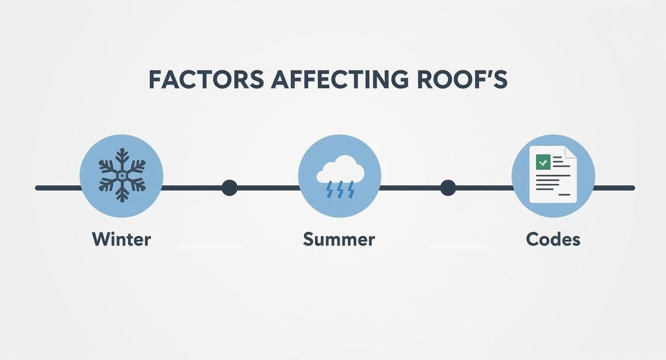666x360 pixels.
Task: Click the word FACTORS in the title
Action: pos(206,79)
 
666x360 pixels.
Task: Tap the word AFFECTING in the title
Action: pos(340,79)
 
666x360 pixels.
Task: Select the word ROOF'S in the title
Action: pos(462,79)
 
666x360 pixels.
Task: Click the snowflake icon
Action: pos(122,175)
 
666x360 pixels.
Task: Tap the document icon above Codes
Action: pos(553,175)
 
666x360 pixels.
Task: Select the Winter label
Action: pos(122,239)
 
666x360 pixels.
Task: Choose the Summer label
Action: pos(339,239)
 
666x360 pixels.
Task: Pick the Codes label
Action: pos(553,239)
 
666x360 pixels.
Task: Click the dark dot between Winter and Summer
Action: pos(230,188)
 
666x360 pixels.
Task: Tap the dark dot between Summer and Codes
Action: pos(448,188)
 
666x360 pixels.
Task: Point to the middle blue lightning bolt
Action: pos(340,190)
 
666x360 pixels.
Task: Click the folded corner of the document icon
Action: pos(571,152)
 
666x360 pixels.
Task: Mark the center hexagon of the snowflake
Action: pos(122,176)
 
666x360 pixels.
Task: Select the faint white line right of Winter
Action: pos(211,246)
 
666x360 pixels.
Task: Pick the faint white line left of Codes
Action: pos(458,246)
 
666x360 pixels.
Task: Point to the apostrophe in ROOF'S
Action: pos(481,73)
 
